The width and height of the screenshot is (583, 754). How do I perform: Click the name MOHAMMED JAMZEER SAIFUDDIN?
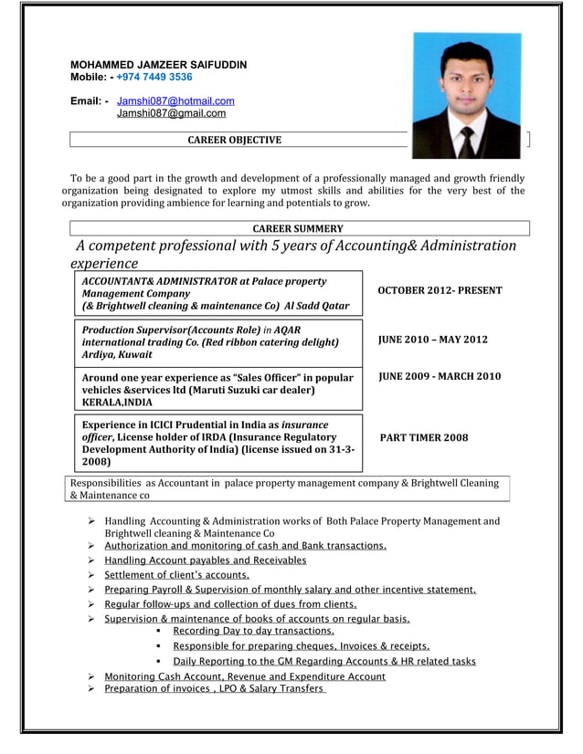[158, 65]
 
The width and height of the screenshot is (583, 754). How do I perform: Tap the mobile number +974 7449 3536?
[154, 78]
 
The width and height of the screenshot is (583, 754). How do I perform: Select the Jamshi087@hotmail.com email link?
[175, 100]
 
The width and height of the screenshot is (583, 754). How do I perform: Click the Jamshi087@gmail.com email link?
[171, 113]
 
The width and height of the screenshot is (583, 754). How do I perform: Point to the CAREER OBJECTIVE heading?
[234, 140]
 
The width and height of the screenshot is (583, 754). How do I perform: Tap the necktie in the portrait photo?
[467, 141]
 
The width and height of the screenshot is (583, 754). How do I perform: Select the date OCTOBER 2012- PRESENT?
[440, 290]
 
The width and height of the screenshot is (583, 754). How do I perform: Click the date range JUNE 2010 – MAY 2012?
[432, 340]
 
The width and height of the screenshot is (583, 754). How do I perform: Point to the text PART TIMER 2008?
[423, 437]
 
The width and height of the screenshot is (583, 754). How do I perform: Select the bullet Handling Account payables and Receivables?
[205, 560]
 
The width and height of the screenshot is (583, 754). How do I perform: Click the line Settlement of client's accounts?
[176, 575]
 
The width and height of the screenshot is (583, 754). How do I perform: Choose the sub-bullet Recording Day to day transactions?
[253, 631]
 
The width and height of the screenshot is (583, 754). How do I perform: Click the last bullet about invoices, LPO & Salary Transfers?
[214, 689]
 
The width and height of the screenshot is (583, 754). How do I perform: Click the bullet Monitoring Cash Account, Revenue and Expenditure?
[244, 676]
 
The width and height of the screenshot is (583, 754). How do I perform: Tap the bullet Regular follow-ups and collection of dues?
[230, 604]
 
